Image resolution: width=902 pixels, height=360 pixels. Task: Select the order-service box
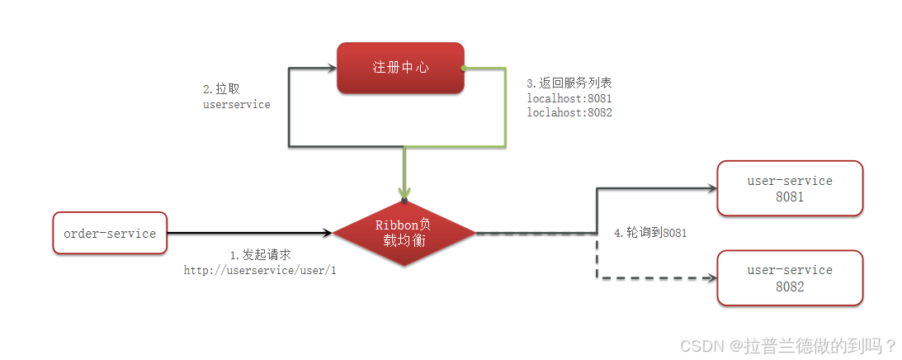(x=109, y=234)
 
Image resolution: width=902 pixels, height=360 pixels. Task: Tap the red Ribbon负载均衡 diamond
(x=404, y=234)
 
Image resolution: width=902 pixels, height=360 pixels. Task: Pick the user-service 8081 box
(x=789, y=189)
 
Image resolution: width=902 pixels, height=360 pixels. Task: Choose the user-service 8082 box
(x=789, y=278)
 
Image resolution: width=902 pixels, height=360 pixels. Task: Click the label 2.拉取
(x=222, y=88)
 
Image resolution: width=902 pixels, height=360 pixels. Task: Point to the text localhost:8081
(x=569, y=98)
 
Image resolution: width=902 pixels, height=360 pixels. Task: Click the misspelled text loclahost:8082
(x=569, y=112)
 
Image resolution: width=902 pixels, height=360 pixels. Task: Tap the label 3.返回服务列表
(x=569, y=83)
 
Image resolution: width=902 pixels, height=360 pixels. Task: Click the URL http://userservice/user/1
(x=260, y=270)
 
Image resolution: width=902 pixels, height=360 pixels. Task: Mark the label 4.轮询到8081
(x=650, y=233)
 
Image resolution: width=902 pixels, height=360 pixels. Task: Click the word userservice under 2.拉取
(x=237, y=105)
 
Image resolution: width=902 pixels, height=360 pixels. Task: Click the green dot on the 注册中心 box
(x=464, y=68)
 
